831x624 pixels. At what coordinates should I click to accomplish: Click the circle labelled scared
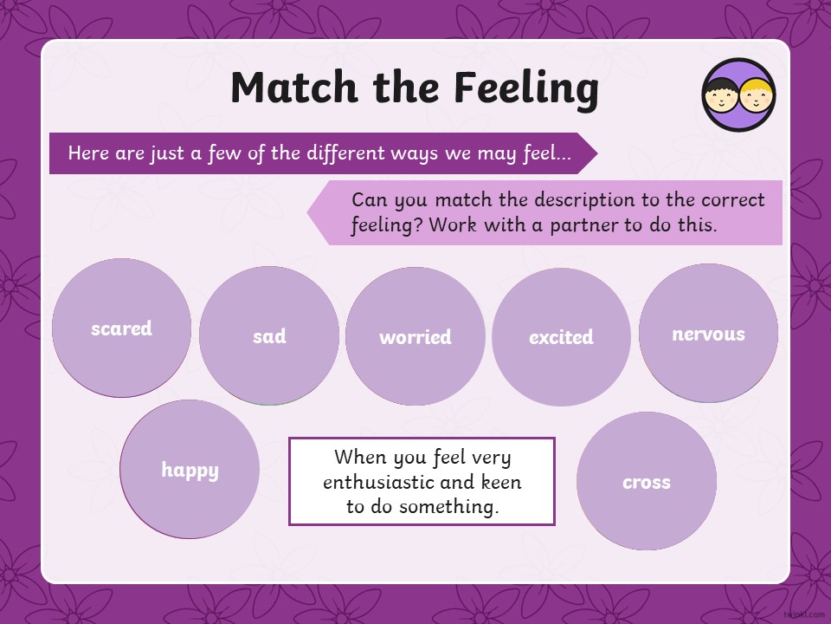[x=121, y=328]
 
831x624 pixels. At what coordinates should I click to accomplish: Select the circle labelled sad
[x=269, y=335]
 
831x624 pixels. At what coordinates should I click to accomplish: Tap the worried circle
[x=415, y=336]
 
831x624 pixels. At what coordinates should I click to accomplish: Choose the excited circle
[x=561, y=337]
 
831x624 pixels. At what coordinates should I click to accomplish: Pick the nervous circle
[x=709, y=333]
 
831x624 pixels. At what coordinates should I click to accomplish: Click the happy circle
[x=190, y=469]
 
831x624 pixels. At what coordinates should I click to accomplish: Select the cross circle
[x=647, y=481]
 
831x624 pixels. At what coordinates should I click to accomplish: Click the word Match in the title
[x=294, y=87]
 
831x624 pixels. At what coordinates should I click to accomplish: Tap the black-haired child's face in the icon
[x=721, y=96]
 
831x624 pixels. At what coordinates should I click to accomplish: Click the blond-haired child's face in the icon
[x=757, y=96]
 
